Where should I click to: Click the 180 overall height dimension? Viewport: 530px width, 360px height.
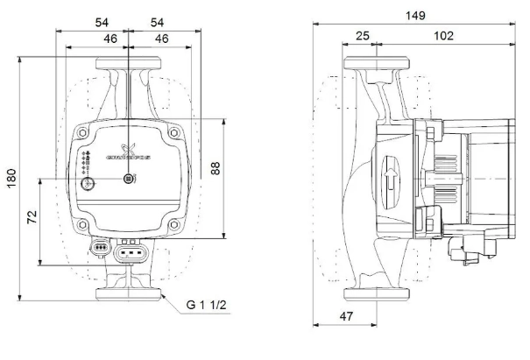click(x=11, y=179)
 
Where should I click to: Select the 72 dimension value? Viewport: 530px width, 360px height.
click(x=32, y=217)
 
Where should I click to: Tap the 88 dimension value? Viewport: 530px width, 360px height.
click(x=216, y=168)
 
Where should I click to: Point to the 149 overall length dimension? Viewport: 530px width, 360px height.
click(x=415, y=16)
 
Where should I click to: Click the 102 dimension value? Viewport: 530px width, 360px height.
click(x=443, y=36)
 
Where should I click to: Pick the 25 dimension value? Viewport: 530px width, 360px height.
click(x=363, y=36)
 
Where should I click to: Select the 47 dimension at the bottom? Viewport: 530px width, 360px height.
click(x=346, y=316)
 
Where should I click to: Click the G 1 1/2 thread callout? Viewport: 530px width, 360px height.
click(x=206, y=305)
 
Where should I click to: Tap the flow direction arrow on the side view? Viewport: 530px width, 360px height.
click(x=391, y=180)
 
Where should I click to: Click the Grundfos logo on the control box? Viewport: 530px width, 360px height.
click(x=128, y=152)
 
